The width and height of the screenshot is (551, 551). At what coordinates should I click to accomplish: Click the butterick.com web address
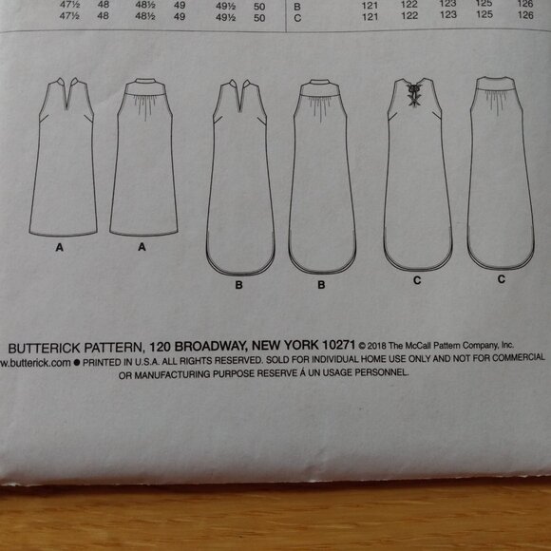tap(35, 362)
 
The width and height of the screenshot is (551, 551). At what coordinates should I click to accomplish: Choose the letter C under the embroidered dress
tap(415, 282)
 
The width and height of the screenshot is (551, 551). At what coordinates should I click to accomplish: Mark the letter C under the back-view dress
tap(501, 282)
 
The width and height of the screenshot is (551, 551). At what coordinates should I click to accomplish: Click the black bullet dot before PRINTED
tap(77, 362)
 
